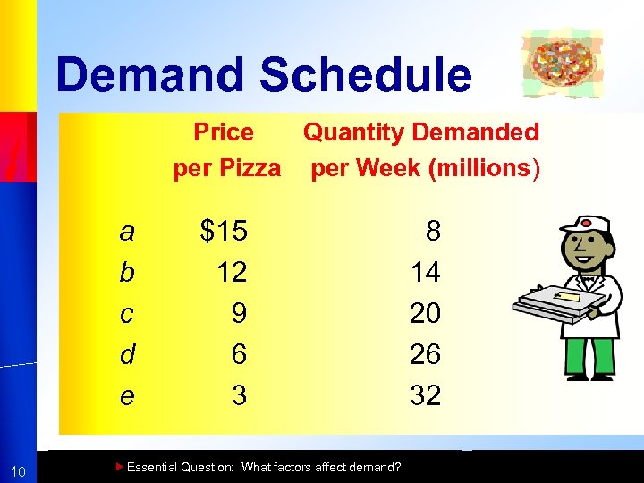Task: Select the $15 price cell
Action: (224, 233)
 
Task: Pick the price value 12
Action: (232, 272)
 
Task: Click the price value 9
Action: (239, 313)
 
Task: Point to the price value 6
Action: (239, 354)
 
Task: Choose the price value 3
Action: (239, 395)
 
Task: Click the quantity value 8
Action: (433, 233)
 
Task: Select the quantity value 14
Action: (426, 272)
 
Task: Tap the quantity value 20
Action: (426, 313)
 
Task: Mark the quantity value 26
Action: (426, 354)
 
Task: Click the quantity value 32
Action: (426, 395)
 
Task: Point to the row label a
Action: (127, 233)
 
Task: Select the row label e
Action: (127, 395)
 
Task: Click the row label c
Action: (127, 313)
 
